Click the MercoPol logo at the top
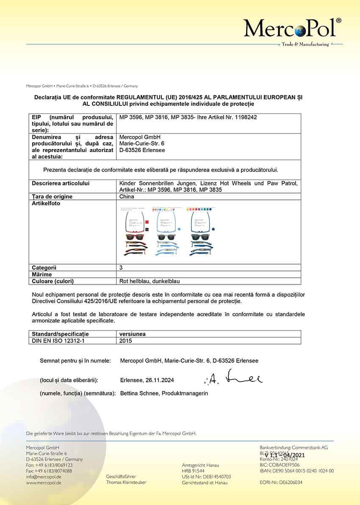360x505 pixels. [292, 28]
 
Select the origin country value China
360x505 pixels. [127, 196]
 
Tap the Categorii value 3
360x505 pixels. [122, 268]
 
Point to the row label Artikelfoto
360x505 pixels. [46, 204]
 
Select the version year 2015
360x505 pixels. [126, 340]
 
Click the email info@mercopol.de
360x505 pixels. [44, 477]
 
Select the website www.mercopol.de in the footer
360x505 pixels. [44, 483]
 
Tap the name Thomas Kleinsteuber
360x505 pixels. [126, 483]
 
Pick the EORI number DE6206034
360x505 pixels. [291, 483]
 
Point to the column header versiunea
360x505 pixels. [133, 334]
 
